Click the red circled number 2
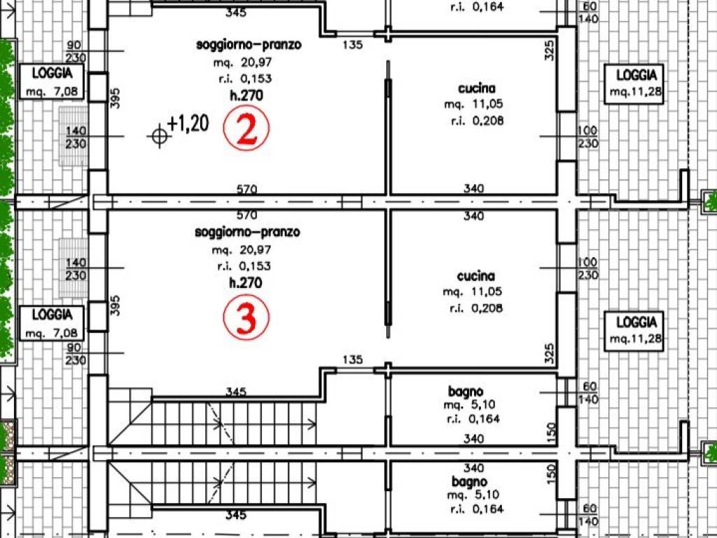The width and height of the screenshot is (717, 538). coord(246,128)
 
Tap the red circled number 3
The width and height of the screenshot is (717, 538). coord(246,317)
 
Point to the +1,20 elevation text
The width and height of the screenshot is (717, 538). coord(188,123)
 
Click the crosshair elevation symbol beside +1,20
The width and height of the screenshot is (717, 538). coord(159,136)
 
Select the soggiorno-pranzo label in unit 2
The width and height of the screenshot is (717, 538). coord(249,45)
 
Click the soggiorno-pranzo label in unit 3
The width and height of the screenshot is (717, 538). coord(247,232)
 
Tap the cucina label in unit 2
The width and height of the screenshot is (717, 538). coord(476,88)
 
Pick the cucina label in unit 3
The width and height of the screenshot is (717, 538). coord(475,276)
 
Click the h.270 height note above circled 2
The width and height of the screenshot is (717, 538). coord(246,95)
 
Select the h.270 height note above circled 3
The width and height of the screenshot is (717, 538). coord(246,283)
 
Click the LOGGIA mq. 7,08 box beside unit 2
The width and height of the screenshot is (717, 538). coord(52,81)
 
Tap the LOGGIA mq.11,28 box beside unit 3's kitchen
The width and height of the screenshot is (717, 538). coord(634,329)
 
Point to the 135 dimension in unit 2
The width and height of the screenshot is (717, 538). coord(353,45)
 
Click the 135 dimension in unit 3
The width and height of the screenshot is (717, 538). coord(353,359)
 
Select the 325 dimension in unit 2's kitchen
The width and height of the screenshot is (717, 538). coord(550,50)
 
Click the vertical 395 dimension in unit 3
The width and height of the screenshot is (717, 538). coord(115,305)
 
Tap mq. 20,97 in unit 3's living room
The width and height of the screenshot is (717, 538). coord(242,250)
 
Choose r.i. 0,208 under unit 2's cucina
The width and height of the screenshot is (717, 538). coord(477,120)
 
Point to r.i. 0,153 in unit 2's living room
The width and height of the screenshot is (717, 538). coord(245,78)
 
